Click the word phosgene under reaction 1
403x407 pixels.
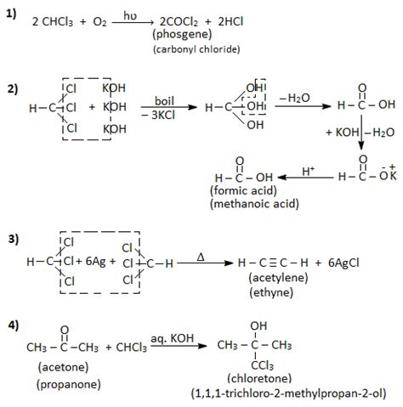182,35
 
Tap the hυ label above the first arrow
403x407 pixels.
130,15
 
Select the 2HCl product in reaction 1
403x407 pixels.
230,22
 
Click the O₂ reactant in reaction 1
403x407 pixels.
99,22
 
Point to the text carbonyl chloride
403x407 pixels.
196,49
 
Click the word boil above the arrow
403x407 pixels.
164,101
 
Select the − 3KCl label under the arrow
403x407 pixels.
158,115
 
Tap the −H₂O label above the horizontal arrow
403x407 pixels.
294,98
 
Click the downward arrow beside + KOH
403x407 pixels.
361,133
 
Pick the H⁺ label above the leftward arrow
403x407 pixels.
309,172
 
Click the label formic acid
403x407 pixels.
243,190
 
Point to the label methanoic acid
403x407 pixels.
254,204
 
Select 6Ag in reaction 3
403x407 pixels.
95,261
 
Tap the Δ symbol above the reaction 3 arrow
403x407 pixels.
201,257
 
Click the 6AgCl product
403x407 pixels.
343,263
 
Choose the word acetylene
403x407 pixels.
278,278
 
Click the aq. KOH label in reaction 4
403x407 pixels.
173,338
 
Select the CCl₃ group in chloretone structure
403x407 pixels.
262,365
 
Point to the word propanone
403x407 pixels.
69,384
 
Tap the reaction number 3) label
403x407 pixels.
14,240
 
